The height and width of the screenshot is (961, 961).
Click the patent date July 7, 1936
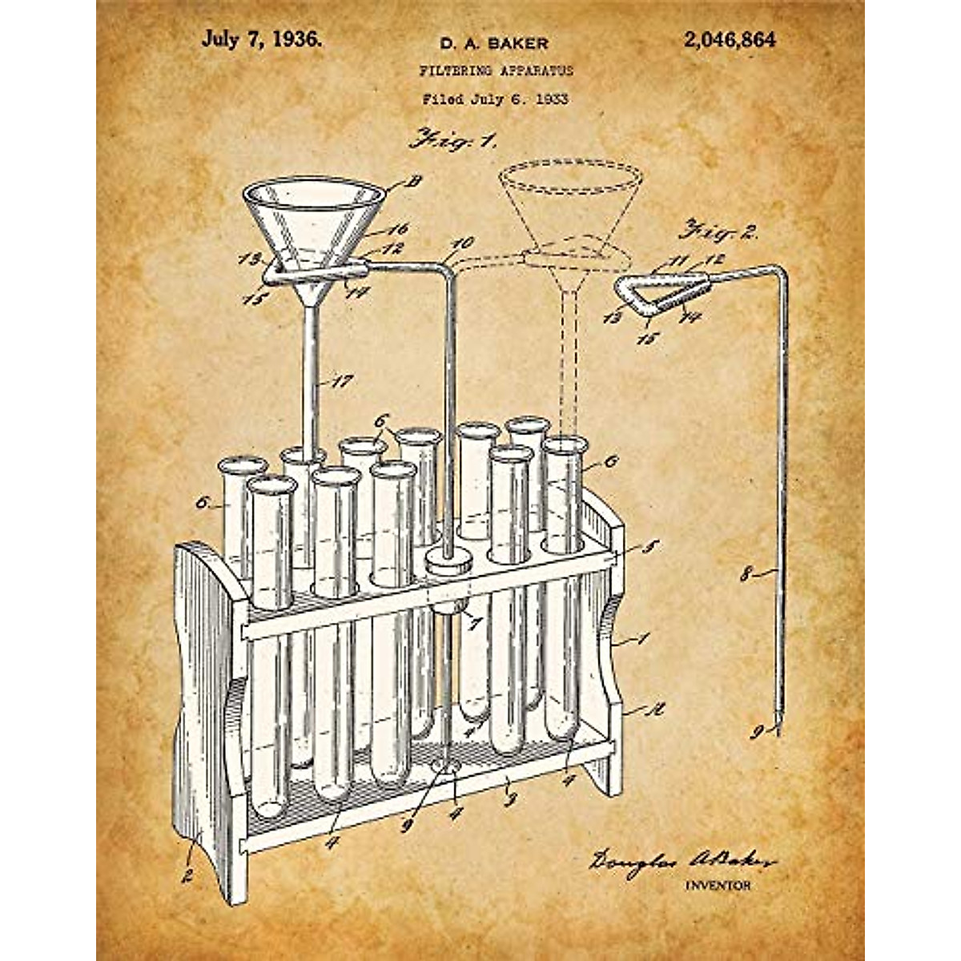tap(262, 40)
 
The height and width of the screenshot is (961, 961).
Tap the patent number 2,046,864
tap(730, 40)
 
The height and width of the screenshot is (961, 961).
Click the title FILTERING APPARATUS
tap(497, 70)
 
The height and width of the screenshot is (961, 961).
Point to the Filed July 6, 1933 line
tap(495, 99)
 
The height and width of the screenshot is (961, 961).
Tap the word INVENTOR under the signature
tap(718, 885)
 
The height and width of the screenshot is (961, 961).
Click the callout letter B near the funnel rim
tap(414, 181)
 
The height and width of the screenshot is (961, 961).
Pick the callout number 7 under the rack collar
tap(476, 622)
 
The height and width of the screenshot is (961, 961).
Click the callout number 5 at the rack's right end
tap(651, 548)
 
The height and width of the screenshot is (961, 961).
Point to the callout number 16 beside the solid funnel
tap(397, 230)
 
